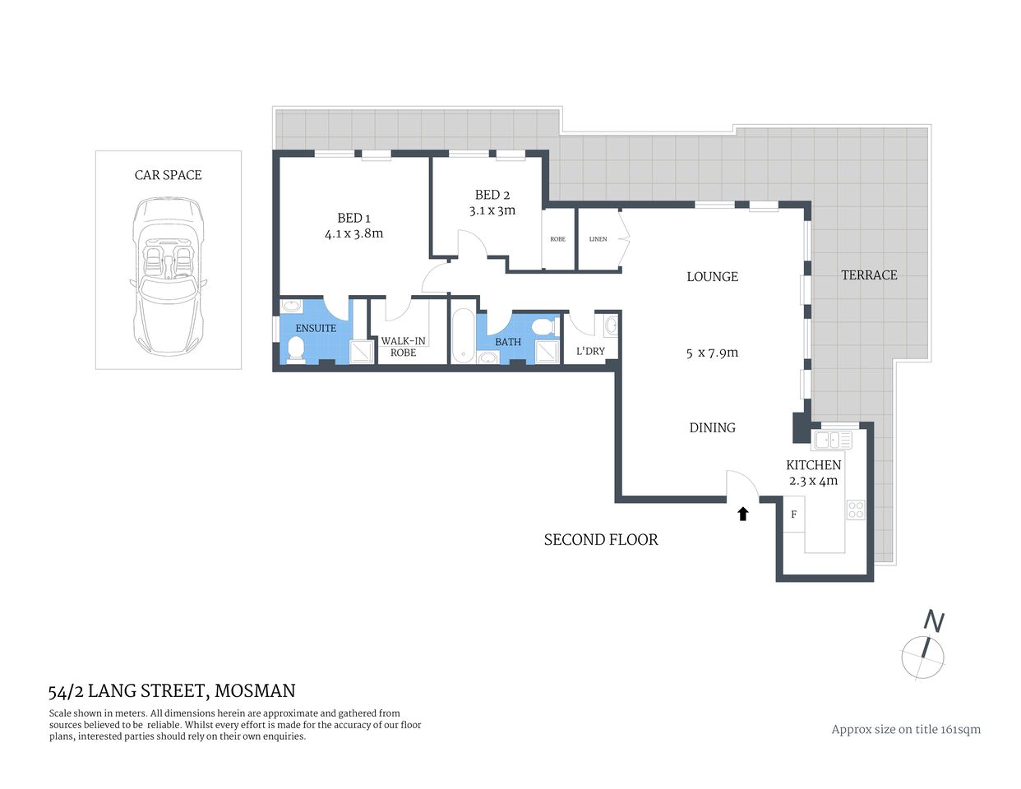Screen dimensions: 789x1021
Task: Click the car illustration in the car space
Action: tap(168, 275)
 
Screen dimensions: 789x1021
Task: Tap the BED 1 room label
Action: tap(353, 218)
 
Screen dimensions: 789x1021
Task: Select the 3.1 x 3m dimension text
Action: tap(492, 210)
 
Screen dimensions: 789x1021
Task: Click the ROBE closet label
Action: tap(557, 239)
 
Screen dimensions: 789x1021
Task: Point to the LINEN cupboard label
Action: tap(598, 239)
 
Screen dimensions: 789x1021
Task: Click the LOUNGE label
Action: tap(712, 277)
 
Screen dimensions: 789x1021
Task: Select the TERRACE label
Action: tap(869, 275)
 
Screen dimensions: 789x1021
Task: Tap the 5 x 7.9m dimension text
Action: tap(712, 353)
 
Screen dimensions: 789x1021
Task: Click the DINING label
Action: tap(712, 427)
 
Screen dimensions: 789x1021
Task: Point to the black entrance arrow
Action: tap(742, 514)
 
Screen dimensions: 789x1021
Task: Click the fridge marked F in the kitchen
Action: tap(793, 515)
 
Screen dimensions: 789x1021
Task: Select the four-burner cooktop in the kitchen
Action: tap(856, 510)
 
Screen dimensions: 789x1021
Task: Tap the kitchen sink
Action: tap(833, 441)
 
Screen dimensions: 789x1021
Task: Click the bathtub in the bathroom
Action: tap(462, 336)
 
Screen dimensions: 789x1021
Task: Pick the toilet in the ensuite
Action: tap(295, 349)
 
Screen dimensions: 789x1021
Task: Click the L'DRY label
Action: tap(589, 351)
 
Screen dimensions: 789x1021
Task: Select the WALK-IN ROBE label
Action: tap(403, 347)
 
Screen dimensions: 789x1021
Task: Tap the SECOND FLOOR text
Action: tap(601, 540)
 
